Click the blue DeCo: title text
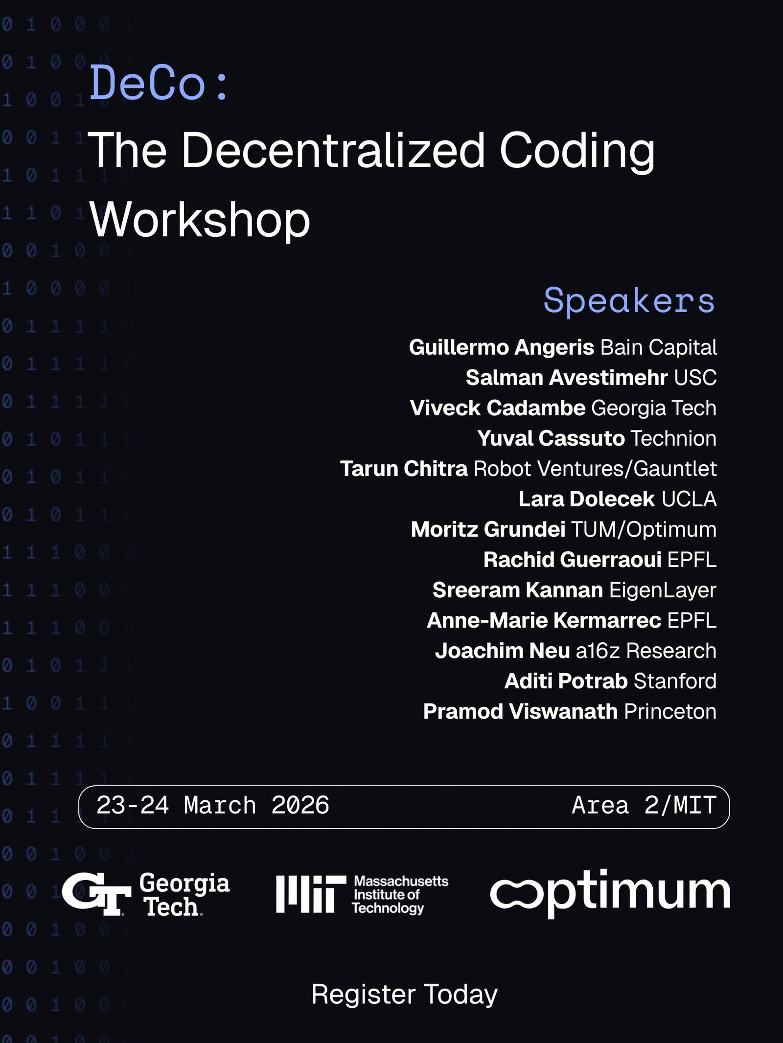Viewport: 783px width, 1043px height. click(x=159, y=84)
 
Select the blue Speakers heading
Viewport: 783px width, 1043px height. click(x=629, y=301)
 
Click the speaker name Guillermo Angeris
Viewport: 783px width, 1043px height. click(x=502, y=348)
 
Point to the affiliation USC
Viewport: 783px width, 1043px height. click(x=695, y=378)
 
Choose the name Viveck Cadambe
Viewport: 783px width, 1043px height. click(x=498, y=408)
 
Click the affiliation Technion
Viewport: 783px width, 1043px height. click(x=674, y=438)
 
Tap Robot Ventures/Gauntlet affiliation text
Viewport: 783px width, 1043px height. click(x=595, y=469)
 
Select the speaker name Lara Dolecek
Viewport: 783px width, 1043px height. click(x=587, y=499)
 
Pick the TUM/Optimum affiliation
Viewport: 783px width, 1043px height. click(x=644, y=530)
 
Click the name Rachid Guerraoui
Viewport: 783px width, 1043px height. click(x=573, y=560)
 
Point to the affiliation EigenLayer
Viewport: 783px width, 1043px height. click(x=663, y=590)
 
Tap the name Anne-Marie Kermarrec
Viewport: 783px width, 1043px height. click(x=544, y=620)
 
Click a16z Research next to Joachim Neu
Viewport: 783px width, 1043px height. click(x=646, y=651)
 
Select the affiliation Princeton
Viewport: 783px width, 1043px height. click(x=670, y=711)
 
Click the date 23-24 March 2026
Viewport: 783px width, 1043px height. click(x=213, y=805)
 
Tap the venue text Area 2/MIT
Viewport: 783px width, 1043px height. click(x=645, y=805)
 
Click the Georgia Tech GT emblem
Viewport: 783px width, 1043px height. click(x=96, y=894)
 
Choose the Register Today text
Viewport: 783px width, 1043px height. click(x=405, y=994)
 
